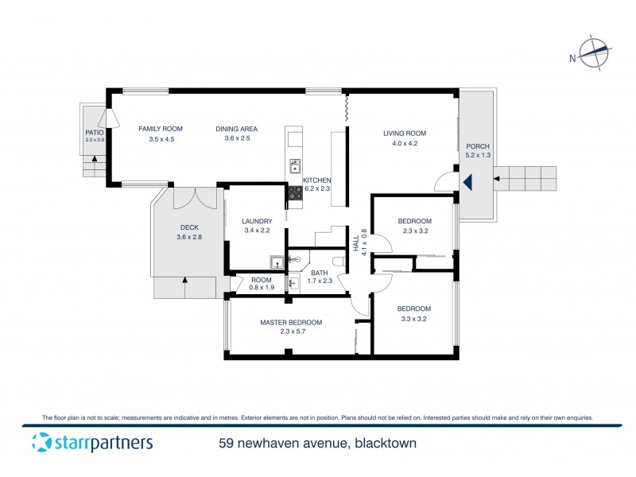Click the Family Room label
[x=161, y=129]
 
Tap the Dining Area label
[x=237, y=129]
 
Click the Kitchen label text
[x=316, y=180]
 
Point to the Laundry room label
[x=258, y=221]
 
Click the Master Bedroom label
[x=291, y=322]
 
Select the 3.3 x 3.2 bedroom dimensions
[x=414, y=320]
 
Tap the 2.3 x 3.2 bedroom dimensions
[x=414, y=231]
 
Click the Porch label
[x=478, y=146]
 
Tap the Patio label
[x=95, y=132]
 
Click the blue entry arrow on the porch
[x=468, y=182]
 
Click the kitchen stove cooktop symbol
[x=294, y=191]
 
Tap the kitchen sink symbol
[x=295, y=166]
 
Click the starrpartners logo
[x=91, y=443]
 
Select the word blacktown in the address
[x=385, y=443]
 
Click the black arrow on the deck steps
[x=184, y=280]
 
